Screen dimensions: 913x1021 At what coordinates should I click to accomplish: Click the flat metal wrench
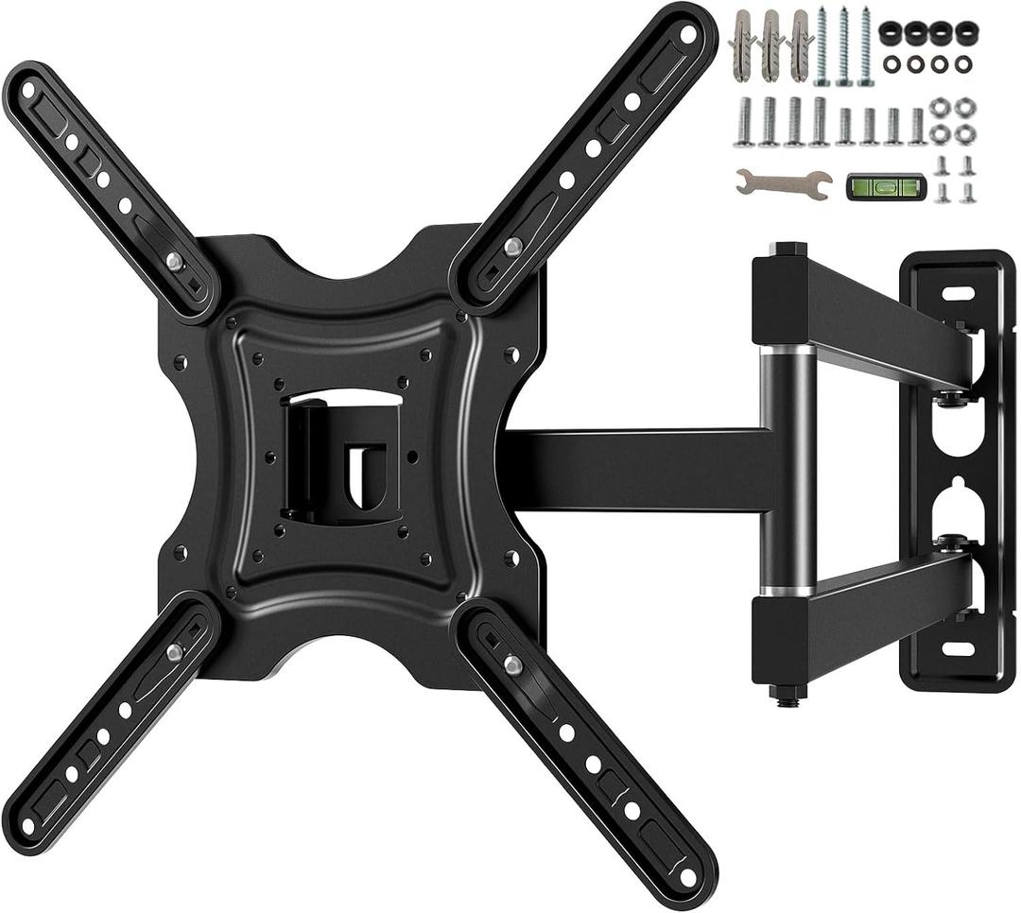click(782, 181)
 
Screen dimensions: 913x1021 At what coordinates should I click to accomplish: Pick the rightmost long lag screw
click(865, 45)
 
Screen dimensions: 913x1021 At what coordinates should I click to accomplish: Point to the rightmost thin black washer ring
click(964, 63)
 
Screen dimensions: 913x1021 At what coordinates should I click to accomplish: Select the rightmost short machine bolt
click(916, 125)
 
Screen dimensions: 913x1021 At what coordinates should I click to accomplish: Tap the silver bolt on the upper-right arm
click(512, 246)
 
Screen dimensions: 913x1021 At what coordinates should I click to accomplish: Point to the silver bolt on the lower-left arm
click(174, 651)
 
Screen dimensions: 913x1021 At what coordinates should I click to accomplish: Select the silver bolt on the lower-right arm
click(512, 664)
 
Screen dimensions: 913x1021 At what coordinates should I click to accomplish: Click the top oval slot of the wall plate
click(957, 294)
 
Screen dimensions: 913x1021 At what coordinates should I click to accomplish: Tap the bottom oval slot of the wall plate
click(957, 650)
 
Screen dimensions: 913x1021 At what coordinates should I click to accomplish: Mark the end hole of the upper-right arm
click(688, 33)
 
